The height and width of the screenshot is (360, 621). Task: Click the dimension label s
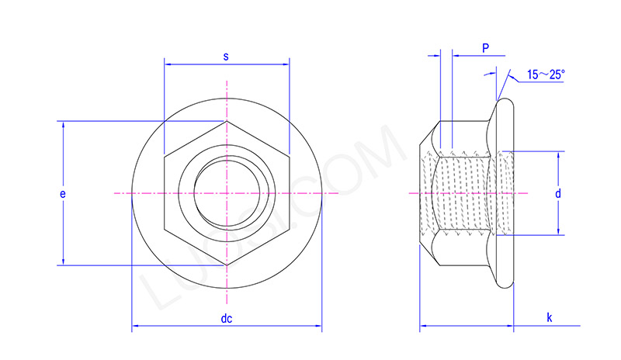pyautogui.click(x=226, y=55)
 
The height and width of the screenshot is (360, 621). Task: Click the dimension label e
pyautogui.click(x=62, y=192)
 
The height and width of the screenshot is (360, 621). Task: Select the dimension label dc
pyautogui.click(x=227, y=318)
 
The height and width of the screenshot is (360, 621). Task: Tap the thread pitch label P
pyautogui.click(x=485, y=48)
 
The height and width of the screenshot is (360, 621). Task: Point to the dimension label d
pyautogui.click(x=557, y=192)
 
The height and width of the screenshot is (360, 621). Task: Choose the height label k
pyautogui.click(x=549, y=317)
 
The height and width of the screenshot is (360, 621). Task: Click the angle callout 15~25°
pyautogui.click(x=546, y=74)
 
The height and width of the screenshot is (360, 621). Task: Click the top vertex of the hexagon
pyautogui.click(x=227, y=120)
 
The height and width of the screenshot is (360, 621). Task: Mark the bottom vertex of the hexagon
pyautogui.click(x=227, y=265)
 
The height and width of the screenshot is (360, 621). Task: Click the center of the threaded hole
pyautogui.click(x=227, y=192)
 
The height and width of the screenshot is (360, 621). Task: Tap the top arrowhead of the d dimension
pyautogui.click(x=557, y=154)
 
